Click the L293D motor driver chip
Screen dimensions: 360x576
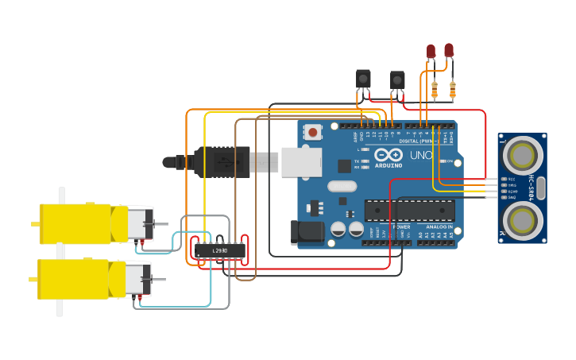pos(220,250)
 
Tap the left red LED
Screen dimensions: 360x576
pos(431,52)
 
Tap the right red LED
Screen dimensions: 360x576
pos(449,51)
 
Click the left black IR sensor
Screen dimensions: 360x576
pos(363,79)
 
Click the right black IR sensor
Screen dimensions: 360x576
pos(396,80)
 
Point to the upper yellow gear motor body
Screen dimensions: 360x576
pos(75,223)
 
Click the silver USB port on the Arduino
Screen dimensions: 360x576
pos(301,162)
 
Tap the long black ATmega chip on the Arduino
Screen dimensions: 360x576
pos(409,211)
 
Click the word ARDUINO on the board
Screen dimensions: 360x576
pos(389,165)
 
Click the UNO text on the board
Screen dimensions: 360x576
pos(420,154)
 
